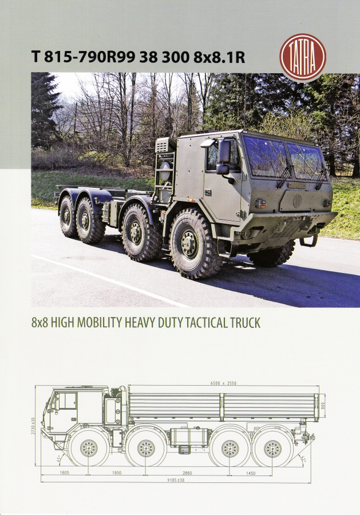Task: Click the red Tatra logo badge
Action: click(x=303, y=57)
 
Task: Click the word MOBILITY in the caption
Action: click(x=95, y=323)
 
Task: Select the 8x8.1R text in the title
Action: click(x=219, y=57)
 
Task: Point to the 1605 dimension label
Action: click(x=65, y=473)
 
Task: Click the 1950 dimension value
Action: click(x=117, y=473)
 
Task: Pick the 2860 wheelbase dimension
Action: click(x=187, y=473)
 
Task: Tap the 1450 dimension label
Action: click(x=250, y=473)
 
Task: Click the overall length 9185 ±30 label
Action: click(x=176, y=480)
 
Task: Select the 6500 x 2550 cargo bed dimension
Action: click(x=223, y=383)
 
